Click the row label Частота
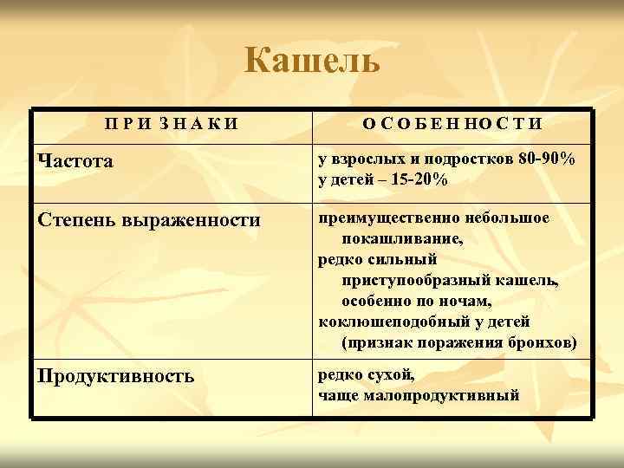75,161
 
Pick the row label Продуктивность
115,377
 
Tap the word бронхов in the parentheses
543,342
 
